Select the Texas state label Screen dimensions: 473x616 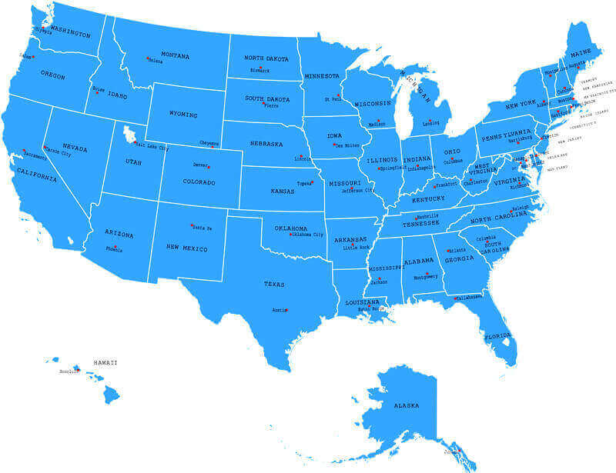(274, 284)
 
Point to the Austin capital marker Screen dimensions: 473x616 (286, 310)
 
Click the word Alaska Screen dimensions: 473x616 (406, 405)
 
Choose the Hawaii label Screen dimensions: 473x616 (105, 362)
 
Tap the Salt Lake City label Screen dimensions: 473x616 (154, 148)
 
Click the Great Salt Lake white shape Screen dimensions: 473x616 (129, 135)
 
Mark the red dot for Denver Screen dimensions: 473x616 (208, 166)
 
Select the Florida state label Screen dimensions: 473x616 (497, 336)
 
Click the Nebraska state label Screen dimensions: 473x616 (266, 144)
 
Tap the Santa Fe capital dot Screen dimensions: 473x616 (192, 225)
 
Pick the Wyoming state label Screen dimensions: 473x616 (182, 115)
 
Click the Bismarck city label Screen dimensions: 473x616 (259, 70)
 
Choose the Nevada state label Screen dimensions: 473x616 (75, 146)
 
